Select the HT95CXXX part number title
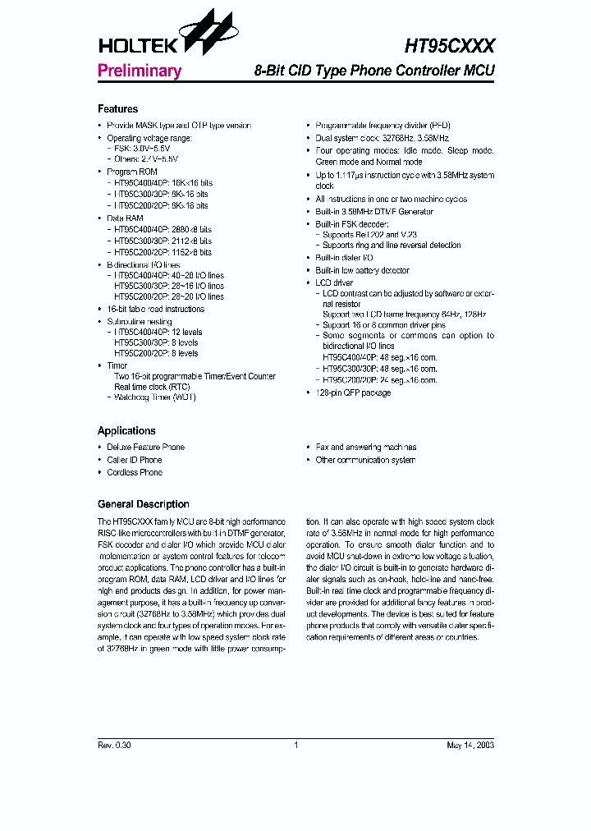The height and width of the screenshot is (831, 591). coord(450,45)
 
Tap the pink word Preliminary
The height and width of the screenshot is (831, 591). coord(139,71)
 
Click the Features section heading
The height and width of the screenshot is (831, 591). coord(117,109)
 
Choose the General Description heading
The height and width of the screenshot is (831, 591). coord(143,504)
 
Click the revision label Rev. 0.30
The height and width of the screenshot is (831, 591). coord(114,746)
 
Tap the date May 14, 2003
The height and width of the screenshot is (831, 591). coord(470,746)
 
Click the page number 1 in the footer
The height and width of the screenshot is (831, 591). coord(295,746)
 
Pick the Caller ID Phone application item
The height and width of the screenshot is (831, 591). coord(134,460)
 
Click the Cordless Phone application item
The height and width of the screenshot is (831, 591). coord(134,472)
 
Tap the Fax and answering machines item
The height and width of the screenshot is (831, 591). coord(365,448)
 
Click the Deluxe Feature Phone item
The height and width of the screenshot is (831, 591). coord(145,448)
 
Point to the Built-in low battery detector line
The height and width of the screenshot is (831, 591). coord(362,270)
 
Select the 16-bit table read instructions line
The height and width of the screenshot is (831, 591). coord(155,309)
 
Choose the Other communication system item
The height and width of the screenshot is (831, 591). coord(365,460)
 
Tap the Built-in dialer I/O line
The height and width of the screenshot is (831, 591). coord(345,258)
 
